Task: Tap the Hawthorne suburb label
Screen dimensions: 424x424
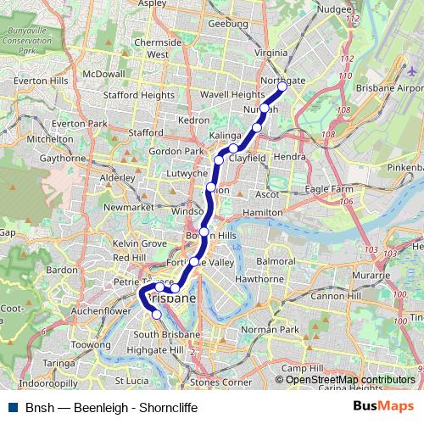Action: point(259,278)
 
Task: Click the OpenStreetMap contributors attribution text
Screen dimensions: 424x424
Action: point(350,380)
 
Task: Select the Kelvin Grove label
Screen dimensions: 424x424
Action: point(140,243)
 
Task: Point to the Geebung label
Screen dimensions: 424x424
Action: point(228,24)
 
